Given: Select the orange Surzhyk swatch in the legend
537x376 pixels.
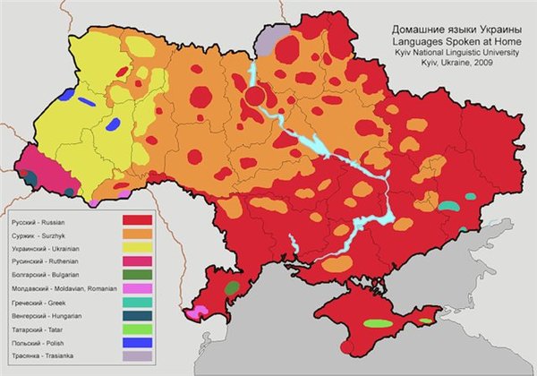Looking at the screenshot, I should click(136, 235).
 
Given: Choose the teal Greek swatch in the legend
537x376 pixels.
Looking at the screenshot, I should click(136, 306).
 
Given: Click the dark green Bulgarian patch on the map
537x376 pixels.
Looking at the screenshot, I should click(232, 288).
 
